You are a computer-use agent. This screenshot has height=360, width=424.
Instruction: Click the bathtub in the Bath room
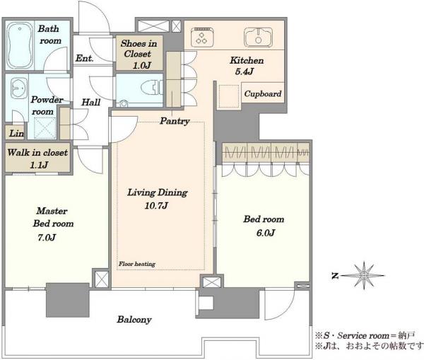pos(20,45)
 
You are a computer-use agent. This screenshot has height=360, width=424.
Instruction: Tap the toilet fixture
pos(152,87)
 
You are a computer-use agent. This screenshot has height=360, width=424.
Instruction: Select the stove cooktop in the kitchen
pos(202,37)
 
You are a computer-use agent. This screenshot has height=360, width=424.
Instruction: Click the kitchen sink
pos(258,37)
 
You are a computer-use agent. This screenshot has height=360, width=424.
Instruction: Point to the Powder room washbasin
pos(19,88)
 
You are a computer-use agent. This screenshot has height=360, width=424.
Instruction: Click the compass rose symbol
pos(364,275)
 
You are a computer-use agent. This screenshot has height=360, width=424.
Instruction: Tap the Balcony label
pos(134,320)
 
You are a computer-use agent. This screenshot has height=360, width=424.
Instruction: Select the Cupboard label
pos(263,93)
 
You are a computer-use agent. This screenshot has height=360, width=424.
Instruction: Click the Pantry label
pos(175,121)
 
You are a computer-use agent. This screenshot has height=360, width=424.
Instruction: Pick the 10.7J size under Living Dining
pos(156,205)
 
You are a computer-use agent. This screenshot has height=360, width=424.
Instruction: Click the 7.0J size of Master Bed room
pos(47,238)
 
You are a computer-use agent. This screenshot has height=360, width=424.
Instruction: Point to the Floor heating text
pos(137,264)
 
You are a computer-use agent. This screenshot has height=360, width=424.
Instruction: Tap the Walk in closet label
pos(37,152)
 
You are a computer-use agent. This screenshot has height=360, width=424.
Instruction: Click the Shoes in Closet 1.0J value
pos(142,65)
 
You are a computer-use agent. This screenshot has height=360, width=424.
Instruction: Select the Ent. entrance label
pos(84,58)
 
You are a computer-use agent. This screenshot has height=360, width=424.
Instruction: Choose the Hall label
pos(91,103)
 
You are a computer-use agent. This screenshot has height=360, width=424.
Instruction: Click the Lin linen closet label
pos(16,133)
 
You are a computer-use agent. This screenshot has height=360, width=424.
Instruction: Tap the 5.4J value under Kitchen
pos(245,71)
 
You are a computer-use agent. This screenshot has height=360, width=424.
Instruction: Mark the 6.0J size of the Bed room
pos(266,233)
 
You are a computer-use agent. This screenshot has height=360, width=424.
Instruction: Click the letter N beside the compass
pos(335,276)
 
